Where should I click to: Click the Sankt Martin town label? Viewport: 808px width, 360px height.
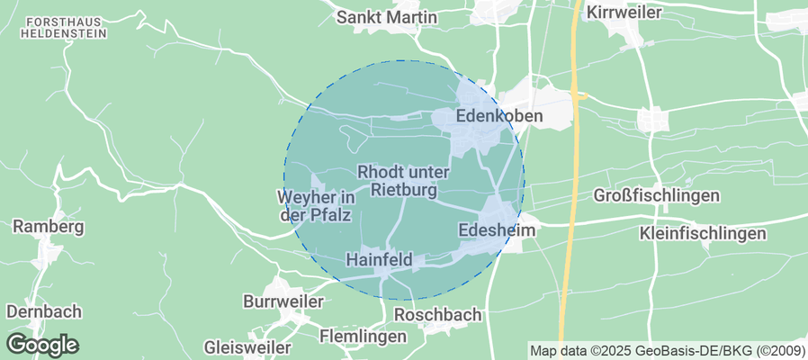[x=386, y=17]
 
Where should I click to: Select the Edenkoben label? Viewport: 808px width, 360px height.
[x=499, y=117]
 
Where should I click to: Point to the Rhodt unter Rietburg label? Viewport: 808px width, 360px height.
[x=403, y=181]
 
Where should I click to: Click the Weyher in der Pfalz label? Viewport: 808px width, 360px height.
[x=314, y=206]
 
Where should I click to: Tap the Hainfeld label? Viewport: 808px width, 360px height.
[x=380, y=260]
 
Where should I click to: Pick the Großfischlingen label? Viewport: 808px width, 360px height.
[x=657, y=196]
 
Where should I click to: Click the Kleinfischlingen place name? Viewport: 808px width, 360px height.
[x=703, y=234]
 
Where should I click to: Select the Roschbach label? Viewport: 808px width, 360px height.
[x=438, y=316]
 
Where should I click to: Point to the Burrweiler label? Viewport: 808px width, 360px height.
[x=283, y=301]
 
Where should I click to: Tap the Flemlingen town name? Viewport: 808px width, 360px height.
[x=365, y=336]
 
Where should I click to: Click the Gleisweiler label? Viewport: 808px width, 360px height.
[x=247, y=346]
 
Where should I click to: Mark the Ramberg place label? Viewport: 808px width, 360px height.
[x=49, y=227]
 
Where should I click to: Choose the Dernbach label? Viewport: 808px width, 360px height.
[x=44, y=311]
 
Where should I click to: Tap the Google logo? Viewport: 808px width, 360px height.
[x=42, y=344]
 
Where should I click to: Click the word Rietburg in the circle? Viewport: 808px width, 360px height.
[x=403, y=191]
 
